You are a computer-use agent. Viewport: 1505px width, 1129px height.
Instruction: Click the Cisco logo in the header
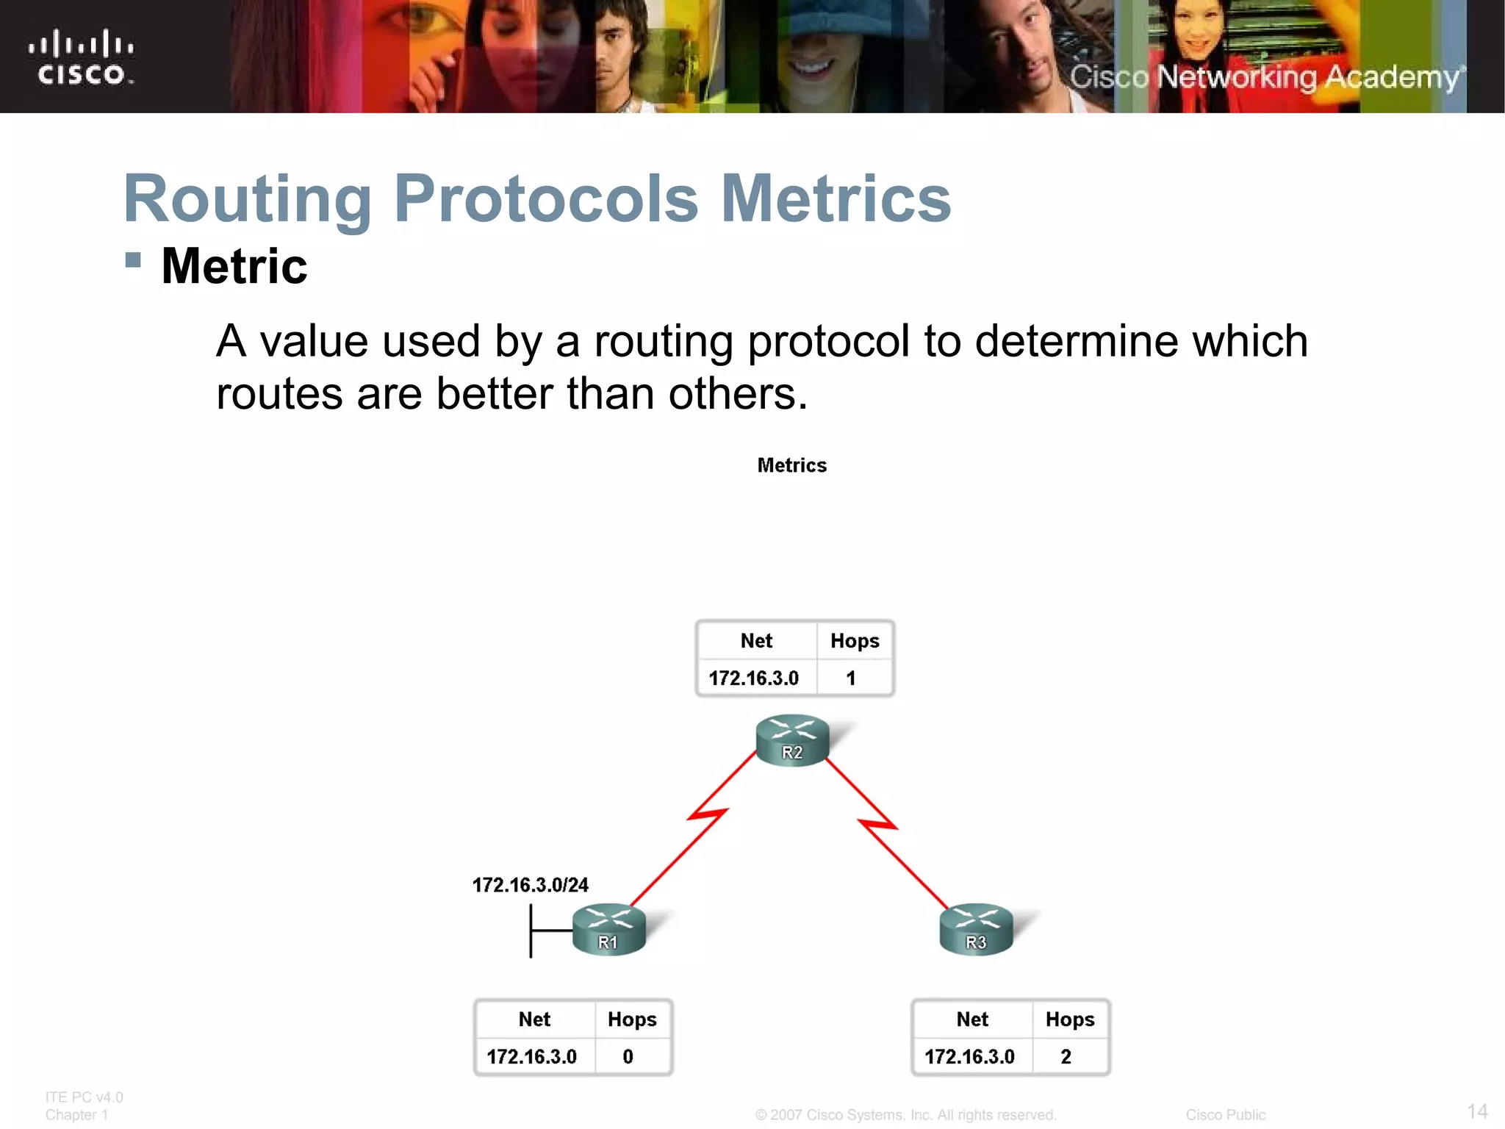pyautogui.click(x=81, y=57)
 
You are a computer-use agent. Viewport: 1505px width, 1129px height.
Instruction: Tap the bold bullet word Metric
pyautogui.click(x=234, y=266)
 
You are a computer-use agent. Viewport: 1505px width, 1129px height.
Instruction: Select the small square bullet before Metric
pyautogui.click(x=133, y=259)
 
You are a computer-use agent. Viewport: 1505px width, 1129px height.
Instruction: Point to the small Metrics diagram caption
pyautogui.click(x=791, y=465)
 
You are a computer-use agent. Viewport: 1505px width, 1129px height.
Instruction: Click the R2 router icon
pyautogui.click(x=792, y=739)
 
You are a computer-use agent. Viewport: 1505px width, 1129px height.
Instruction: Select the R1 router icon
pyautogui.click(x=608, y=929)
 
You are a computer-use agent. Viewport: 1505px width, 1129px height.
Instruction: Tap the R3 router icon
pyautogui.click(x=976, y=929)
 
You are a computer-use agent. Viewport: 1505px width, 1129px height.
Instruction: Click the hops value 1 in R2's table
pyautogui.click(x=850, y=678)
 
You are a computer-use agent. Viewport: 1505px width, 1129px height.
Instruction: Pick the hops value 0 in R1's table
pyautogui.click(x=628, y=1056)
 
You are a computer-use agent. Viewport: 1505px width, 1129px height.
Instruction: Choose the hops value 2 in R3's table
pyautogui.click(x=1066, y=1056)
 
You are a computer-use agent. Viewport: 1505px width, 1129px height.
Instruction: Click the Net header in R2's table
pyautogui.click(x=756, y=641)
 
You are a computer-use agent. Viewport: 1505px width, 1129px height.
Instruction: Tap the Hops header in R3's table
pyautogui.click(x=1069, y=1019)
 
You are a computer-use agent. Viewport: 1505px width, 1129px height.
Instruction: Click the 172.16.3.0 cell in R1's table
pyautogui.click(x=531, y=1056)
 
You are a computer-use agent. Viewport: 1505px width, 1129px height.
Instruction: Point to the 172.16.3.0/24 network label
pyautogui.click(x=530, y=885)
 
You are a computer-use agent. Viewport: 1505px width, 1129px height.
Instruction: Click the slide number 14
pyautogui.click(x=1477, y=1111)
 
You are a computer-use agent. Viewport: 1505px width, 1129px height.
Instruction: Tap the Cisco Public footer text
pyautogui.click(x=1225, y=1115)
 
